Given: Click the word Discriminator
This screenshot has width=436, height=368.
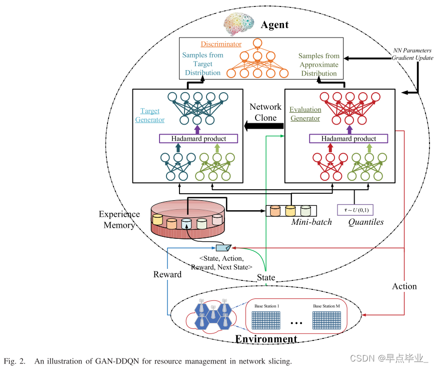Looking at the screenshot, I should click(221, 44).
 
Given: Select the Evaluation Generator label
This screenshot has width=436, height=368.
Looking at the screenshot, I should click(305, 114).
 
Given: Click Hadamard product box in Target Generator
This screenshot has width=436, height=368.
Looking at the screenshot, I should click(198, 138).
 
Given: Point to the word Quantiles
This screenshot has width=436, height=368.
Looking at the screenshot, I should click(366, 222).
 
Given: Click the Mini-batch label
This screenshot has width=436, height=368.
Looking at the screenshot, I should click(311, 222).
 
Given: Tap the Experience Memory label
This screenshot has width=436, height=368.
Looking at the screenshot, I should click(119, 219).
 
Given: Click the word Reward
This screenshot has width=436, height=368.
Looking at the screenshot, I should click(167, 274).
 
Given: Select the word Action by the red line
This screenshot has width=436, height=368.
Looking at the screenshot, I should click(404, 286).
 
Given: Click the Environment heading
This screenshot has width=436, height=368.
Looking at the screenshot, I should click(266, 339).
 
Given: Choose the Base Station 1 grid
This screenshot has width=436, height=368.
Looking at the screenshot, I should click(267, 320).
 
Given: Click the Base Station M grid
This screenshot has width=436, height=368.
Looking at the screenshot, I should click(326, 320).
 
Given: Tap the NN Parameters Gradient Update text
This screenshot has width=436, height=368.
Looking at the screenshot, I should click(413, 55).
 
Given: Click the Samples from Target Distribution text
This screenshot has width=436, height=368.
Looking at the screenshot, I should click(202, 64).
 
